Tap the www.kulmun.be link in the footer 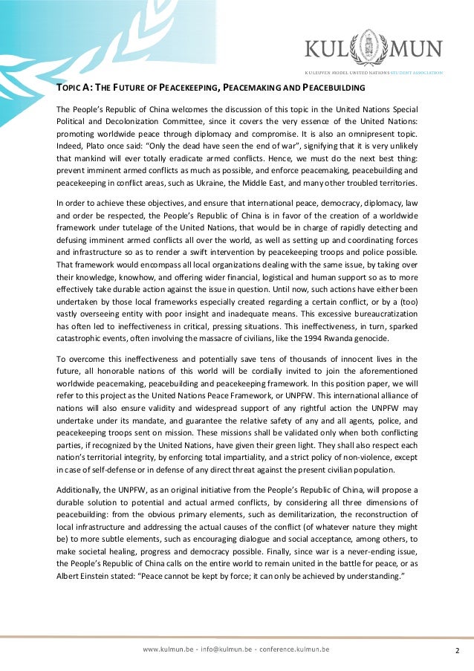click(x=169, y=649)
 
